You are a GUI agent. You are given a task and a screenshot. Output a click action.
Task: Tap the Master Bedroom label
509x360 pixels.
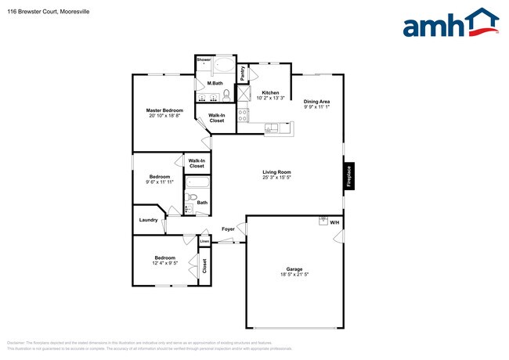(164, 110)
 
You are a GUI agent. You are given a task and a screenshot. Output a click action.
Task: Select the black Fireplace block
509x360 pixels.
(349, 176)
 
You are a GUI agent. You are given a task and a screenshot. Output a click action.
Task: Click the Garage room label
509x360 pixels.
(294, 268)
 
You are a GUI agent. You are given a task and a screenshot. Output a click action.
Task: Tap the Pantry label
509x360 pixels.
(244, 73)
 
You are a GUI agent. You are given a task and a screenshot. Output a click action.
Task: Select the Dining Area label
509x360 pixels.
(317, 100)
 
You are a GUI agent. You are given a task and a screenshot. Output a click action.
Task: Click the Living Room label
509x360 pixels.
(276, 171)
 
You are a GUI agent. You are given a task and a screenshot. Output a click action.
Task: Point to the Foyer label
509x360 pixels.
(228, 229)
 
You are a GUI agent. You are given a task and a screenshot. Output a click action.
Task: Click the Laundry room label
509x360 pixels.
(149, 220)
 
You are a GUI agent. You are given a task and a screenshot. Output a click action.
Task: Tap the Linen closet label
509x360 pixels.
(204, 242)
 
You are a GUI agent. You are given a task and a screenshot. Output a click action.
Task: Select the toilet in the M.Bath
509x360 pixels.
(226, 95)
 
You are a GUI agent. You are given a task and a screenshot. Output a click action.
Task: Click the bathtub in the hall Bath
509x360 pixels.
(197, 185)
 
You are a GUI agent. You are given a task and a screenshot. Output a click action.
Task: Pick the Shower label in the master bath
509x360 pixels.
(204, 59)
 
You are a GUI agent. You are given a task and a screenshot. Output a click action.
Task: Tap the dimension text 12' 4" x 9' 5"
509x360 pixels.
(164, 264)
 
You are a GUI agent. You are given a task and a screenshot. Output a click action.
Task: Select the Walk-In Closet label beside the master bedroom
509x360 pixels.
(217, 118)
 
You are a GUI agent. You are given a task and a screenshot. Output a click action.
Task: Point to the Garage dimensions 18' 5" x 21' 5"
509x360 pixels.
(294, 275)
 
